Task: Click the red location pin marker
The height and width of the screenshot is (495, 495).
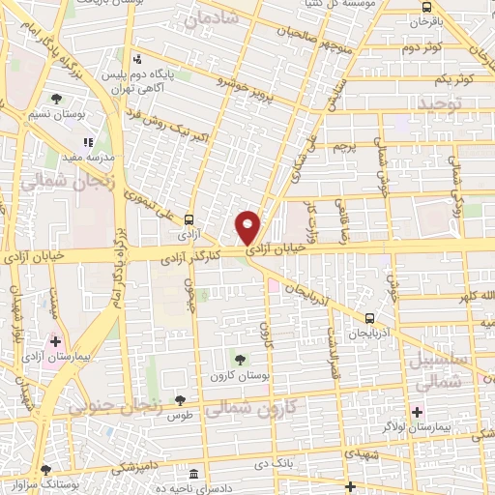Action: click(248, 226)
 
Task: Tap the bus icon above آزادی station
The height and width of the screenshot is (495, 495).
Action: click(189, 218)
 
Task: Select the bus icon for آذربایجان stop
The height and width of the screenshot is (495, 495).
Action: click(370, 317)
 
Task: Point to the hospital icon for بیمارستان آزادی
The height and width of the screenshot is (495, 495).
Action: click(55, 341)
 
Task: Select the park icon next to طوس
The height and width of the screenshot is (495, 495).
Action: click(180, 400)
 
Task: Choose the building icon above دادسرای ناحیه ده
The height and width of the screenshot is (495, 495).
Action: click(196, 476)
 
